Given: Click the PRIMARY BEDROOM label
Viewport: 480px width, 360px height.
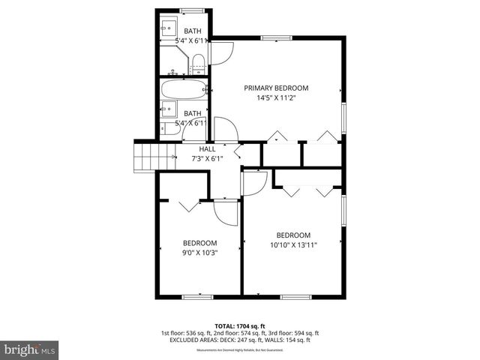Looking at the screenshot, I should [x=276, y=88].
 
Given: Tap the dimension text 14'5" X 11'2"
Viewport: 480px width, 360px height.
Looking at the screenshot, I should [x=276, y=98].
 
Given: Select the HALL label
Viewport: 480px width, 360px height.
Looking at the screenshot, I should [x=207, y=148].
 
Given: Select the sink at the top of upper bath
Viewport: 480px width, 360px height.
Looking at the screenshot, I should [x=168, y=28].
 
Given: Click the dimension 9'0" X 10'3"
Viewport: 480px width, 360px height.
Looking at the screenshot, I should [x=199, y=253].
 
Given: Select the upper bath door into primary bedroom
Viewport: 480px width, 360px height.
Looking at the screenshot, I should [x=223, y=52].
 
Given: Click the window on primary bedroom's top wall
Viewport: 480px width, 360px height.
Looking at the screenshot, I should [x=271, y=37].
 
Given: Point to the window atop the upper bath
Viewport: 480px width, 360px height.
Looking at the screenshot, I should [x=191, y=10].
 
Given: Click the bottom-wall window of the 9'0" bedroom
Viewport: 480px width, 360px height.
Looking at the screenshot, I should [x=193, y=297].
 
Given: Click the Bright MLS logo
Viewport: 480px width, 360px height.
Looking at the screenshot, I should [x=30, y=349].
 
